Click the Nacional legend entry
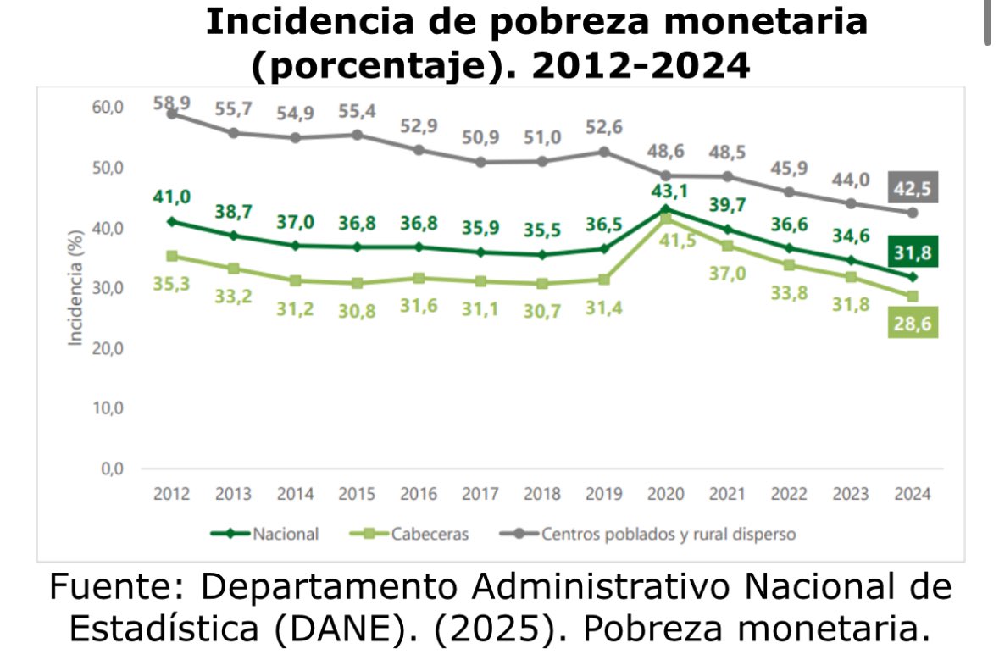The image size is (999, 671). [x=265, y=534]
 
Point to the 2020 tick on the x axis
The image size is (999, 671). [x=665, y=494]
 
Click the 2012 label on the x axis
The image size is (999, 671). [x=171, y=494]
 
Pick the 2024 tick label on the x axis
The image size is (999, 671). [x=912, y=494]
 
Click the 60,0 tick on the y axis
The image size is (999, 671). [x=108, y=108]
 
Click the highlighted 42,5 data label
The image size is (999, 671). [x=913, y=187]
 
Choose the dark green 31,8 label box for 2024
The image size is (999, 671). [x=913, y=252]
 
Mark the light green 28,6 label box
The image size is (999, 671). [x=913, y=323]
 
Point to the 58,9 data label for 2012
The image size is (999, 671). [x=171, y=103]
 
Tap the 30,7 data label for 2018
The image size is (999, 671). [x=543, y=309]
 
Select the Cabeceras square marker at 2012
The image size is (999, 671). [x=172, y=256]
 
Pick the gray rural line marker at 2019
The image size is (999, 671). [x=604, y=152]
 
